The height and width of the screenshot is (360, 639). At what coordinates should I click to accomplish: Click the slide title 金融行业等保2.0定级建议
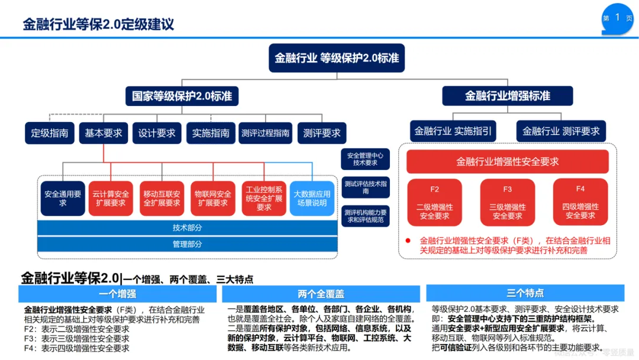[98, 24]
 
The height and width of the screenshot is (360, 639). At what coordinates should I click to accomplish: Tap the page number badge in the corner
[617, 18]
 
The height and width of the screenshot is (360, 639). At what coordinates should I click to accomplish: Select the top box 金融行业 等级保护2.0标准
[336, 58]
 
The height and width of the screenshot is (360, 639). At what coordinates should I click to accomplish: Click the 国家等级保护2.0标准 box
[182, 96]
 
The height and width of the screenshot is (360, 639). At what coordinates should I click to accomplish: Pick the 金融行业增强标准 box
[507, 96]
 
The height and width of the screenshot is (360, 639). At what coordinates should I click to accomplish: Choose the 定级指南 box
[50, 133]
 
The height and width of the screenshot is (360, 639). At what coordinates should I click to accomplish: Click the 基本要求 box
[104, 133]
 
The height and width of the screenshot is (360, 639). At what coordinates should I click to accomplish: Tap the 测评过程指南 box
[265, 133]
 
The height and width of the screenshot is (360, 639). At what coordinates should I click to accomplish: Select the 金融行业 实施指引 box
[453, 131]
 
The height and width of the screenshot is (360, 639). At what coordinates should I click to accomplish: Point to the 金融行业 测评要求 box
[561, 131]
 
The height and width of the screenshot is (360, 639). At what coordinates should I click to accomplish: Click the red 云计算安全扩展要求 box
[110, 198]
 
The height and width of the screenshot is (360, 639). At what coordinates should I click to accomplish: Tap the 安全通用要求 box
[63, 198]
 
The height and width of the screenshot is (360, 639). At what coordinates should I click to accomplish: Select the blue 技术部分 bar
[188, 228]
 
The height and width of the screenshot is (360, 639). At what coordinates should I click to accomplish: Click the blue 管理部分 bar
[188, 244]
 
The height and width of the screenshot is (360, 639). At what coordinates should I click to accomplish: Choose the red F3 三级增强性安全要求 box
[507, 202]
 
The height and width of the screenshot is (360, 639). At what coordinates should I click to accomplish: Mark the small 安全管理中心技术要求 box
[365, 159]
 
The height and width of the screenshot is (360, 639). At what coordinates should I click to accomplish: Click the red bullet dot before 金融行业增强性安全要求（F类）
[408, 241]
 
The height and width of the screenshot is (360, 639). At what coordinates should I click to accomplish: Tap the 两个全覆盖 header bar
[321, 294]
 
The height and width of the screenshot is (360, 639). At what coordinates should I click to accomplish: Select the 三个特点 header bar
[525, 293]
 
